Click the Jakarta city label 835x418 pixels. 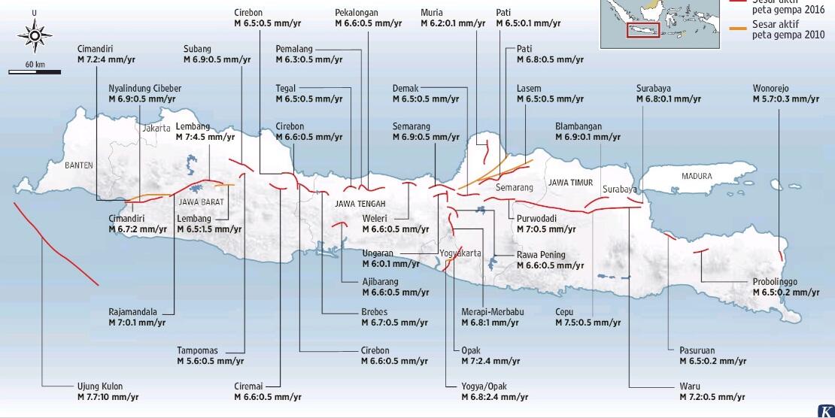154,129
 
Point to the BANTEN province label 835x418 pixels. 79,164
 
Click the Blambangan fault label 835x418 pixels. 588,132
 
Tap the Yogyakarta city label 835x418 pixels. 460,253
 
